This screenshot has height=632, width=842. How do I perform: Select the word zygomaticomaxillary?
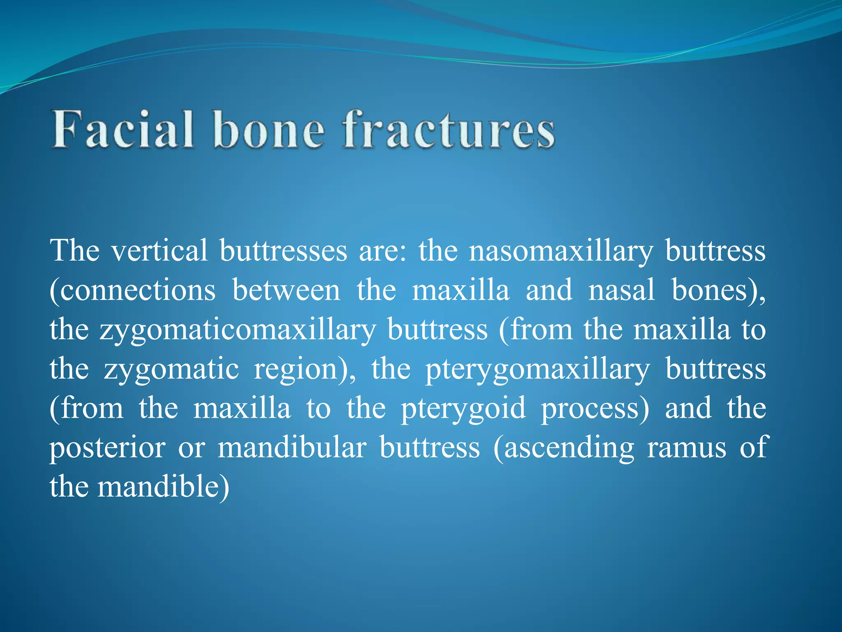pos(238,330)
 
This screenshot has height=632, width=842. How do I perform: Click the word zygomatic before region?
pos(171,369)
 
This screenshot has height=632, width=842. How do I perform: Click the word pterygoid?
pos(463,409)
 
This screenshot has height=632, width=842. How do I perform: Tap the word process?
pos(595,409)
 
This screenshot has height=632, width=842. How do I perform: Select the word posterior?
pos(108,448)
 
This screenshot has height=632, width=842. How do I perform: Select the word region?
pos(304,370)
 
